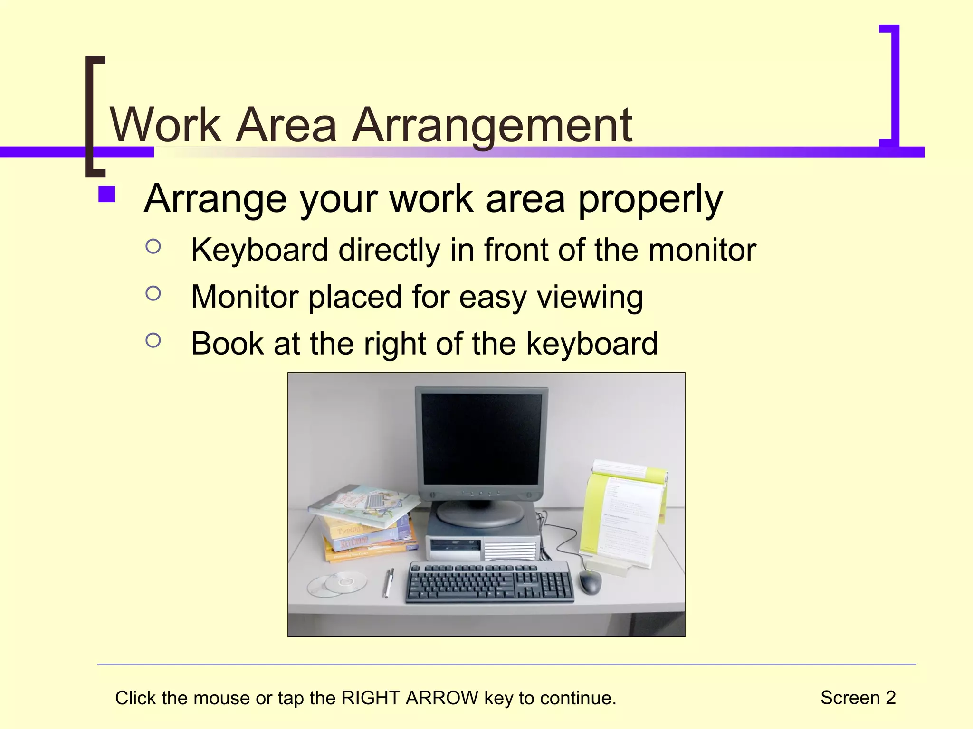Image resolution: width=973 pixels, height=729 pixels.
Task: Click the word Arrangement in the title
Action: coord(492,125)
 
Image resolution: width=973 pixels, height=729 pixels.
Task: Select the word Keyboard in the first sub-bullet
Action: coord(259,250)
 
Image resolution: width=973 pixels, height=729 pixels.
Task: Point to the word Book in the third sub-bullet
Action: coord(227,344)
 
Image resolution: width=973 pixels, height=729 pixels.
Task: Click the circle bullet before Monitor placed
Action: coord(153,293)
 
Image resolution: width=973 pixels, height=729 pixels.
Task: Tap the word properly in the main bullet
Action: coord(650,199)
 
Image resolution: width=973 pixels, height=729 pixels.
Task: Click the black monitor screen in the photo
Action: coord(481,439)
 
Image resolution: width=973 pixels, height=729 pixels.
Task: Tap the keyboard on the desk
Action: coord(489,582)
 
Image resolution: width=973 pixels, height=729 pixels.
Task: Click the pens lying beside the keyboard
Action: coord(388,582)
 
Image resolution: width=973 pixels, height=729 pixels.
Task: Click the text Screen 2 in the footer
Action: coord(858,698)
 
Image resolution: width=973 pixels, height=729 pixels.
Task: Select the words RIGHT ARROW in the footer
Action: coord(410,698)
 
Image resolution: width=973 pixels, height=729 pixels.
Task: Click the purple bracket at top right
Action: coord(892,85)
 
